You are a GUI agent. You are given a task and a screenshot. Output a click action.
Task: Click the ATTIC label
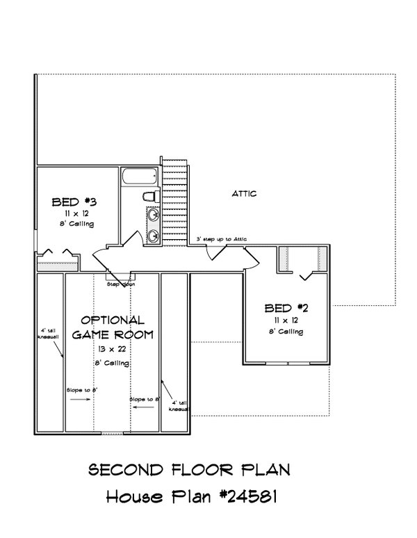click(245, 195)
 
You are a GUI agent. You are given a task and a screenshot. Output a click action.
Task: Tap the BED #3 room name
click(74, 202)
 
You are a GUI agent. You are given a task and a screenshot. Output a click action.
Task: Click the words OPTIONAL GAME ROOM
click(113, 327)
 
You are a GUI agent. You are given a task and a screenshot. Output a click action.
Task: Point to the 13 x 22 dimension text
click(113, 348)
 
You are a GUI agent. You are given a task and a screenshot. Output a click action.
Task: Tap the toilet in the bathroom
click(153, 195)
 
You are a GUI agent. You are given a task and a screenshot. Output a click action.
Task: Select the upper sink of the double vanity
click(152, 215)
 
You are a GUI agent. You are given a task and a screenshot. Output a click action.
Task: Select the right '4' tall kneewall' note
click(178, 406)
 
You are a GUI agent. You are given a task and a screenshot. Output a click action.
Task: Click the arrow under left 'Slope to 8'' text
click(83, 401)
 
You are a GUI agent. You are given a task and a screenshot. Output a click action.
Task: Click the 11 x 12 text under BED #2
click(286, 322)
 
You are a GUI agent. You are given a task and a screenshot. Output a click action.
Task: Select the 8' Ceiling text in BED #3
click(76, 225)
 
